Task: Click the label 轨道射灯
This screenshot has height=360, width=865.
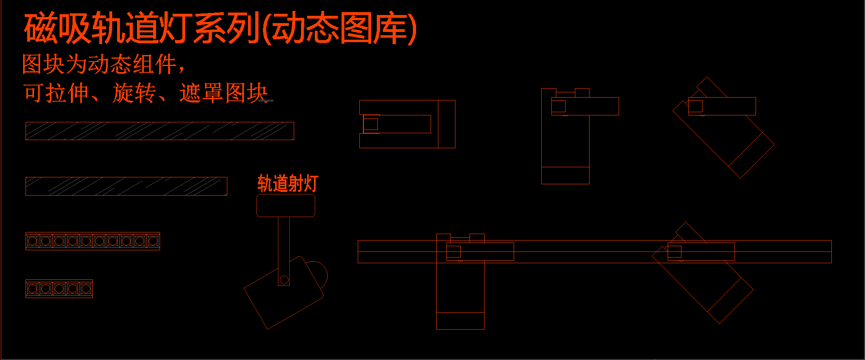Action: [x=288, y=183]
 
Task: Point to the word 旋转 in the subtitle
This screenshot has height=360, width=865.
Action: [x=134, y=93]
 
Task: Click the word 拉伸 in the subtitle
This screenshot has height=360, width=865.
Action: [x=67, y=93]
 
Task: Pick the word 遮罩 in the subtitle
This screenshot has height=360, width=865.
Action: [x=201, y=93]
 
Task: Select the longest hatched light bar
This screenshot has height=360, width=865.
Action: [x=160, y=131]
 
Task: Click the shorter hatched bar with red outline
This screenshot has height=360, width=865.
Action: [x=126, y=186]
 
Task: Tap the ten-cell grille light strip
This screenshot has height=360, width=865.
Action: [x=93, y=241]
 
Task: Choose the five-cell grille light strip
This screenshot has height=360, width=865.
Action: [x=59, y=288]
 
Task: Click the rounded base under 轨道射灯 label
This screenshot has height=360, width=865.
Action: [x=286, y=205]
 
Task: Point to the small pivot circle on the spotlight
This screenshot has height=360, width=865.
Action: [x=284, y=280]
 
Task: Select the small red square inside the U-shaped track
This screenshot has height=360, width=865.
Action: [x=370, y=124]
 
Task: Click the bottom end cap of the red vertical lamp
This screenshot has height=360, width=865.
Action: [x=565, y=175]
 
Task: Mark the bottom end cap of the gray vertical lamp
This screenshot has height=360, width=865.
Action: [x=460, y=321]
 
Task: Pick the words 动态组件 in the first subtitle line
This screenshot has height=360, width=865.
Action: [x=132, y=65]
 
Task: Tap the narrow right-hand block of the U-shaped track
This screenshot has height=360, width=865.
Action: [x=446, y=124]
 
